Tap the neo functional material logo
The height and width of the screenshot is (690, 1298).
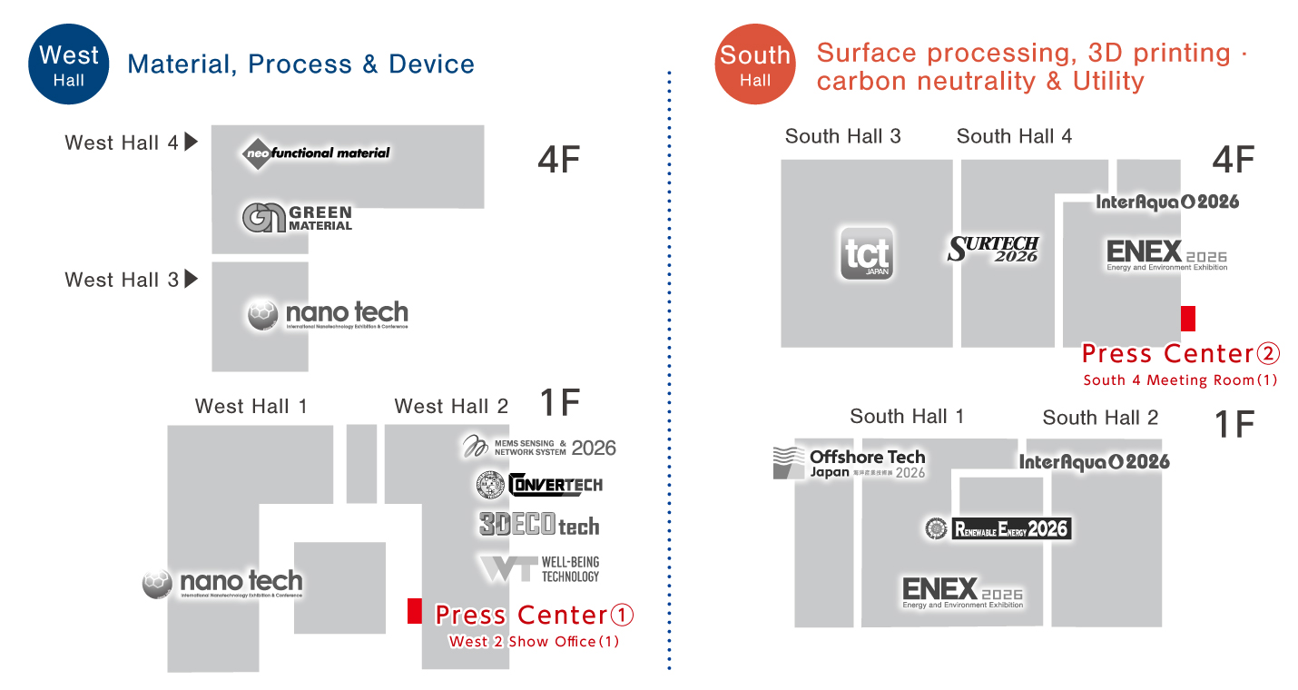317,153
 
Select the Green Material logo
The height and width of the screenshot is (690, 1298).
297,218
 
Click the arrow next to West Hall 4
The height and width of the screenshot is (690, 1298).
191,142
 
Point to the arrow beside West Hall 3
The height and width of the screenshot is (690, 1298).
191,279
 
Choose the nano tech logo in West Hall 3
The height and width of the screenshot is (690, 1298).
328,315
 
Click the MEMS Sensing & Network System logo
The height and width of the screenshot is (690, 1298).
539,446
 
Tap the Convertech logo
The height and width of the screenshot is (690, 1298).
539,485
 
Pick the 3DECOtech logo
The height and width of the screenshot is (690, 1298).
539,525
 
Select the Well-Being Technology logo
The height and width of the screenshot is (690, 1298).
539,569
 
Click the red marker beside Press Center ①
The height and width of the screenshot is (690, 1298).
414,611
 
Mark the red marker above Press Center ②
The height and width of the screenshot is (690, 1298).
1187,318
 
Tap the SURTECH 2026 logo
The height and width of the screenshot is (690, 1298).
993,249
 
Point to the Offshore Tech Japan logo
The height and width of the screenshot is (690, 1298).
849,462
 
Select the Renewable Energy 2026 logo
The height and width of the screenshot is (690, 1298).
998,528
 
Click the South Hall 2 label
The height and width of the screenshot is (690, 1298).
1100,418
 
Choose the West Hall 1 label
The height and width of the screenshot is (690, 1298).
251,406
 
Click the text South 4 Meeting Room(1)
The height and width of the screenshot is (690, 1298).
1180,380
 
